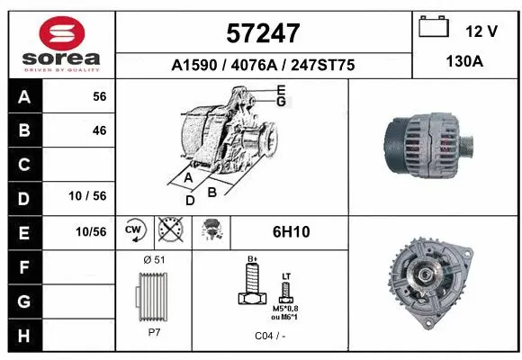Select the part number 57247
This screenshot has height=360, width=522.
click(x=263, y=33)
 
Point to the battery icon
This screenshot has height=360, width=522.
click(x=434, y=27)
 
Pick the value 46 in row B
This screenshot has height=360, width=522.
click(x=99, y=130)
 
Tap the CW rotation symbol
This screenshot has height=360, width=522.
click(x=134, y=230)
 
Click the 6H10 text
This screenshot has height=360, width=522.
click(x=291, y=232)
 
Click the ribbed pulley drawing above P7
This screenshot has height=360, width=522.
click(x=152, y=296)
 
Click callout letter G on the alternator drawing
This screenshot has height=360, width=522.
click(x=281, y=102)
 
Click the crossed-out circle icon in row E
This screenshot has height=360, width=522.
click(x=168, y=230)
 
